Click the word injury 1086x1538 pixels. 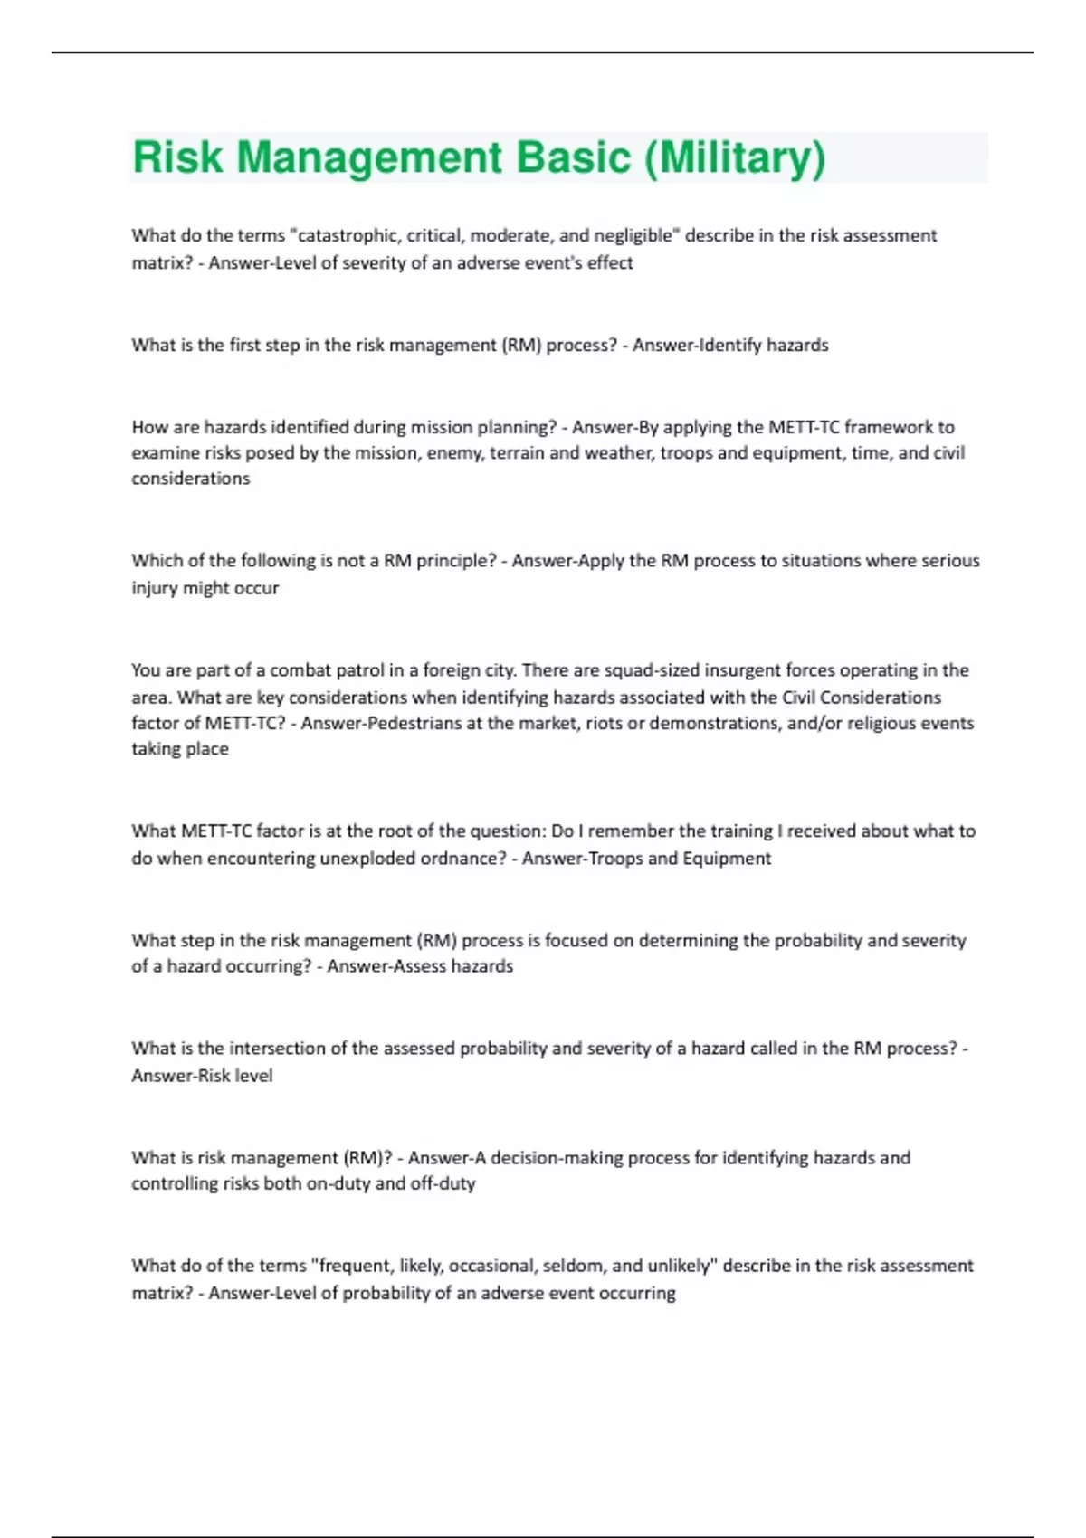[x=154, y=588]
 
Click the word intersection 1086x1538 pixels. [x=276, y=1049]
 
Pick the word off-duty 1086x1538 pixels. [x=443, y=1183]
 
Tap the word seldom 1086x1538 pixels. [x=574, y=1266]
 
